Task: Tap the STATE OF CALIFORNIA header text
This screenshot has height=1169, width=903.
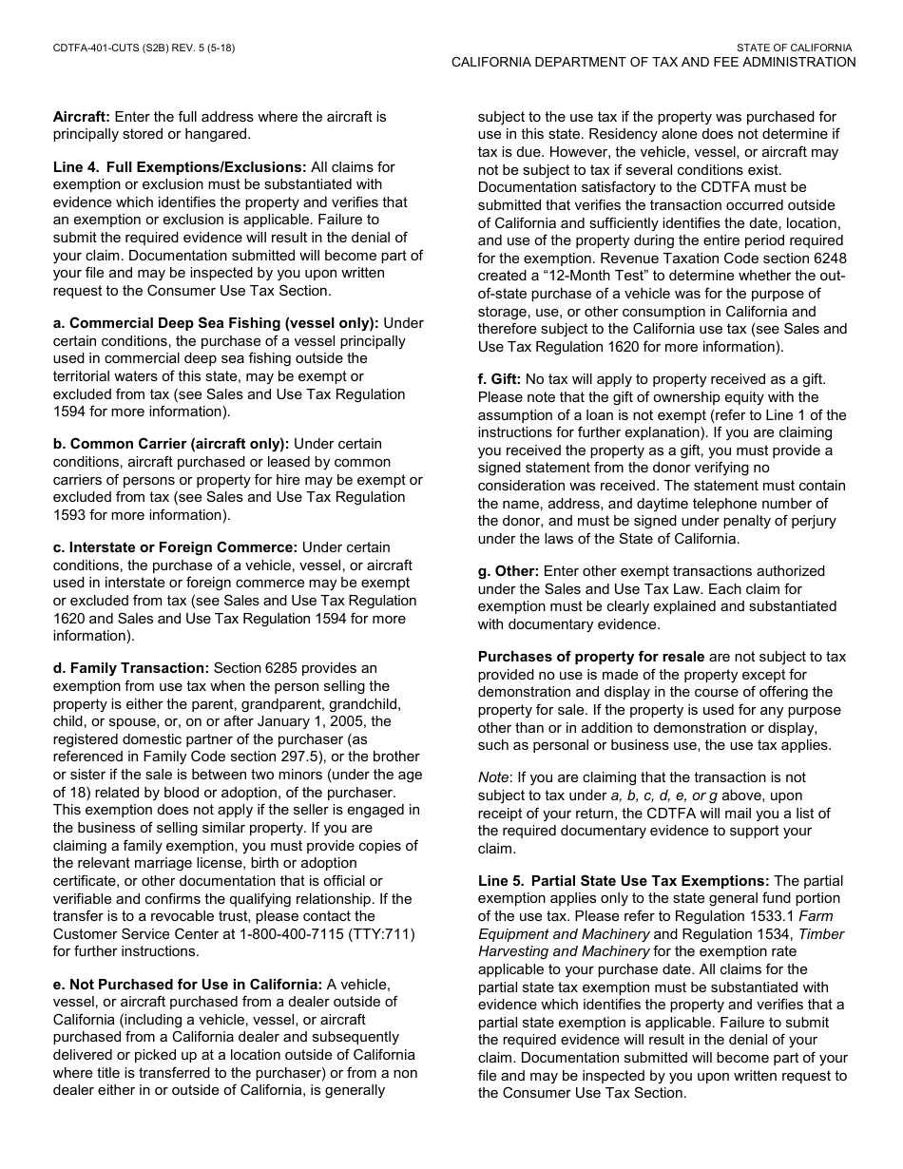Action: coord(794,48)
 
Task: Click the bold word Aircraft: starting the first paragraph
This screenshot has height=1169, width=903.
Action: coord(82,117)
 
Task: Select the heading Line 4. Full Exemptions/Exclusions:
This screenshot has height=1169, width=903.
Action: coord(180,167)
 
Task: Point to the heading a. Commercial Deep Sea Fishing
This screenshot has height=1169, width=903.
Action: coord(216,323)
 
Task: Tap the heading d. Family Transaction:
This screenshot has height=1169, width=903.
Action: coord(130,668)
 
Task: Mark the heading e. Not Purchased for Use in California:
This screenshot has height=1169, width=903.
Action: coord(187,985)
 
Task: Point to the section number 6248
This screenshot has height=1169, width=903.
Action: coord(828,259)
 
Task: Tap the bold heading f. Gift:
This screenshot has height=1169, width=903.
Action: coord(499,379)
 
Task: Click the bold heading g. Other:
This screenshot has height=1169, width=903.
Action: coord(509,571)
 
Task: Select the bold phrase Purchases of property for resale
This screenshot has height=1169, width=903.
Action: coord(591,657)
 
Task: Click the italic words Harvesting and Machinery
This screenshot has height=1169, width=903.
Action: coord(563,951)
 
